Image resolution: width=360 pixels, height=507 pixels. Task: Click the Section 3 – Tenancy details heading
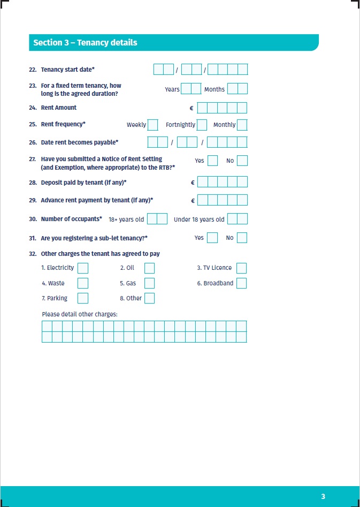pyautogui.click(x=85, y=43)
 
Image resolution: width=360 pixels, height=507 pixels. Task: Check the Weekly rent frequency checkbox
pyautogui.click(x=152, y=125)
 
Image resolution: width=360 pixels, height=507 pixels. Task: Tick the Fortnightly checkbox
pyautogui.click(x=202, y=125)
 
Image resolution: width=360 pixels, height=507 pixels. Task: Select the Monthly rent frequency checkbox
pyautogui.click(x=242, y=125)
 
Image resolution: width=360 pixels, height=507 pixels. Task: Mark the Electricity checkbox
pyautogui.click(x=83, y=268)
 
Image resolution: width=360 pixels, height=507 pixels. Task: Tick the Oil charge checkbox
pyautogui.click(x=149, y=268)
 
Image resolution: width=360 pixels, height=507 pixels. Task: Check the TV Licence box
pyautogui.click(x=241, y=268)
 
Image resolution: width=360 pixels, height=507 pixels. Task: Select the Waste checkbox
pyautogui.click(x=83, y=283)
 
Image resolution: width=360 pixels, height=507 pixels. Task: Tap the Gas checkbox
pyautogui.click(x=149, y=283)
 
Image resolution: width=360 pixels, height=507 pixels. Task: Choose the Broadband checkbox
pyautogui.click(x=241, y=283)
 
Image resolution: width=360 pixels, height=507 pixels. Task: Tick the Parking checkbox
pyautogui.click(x=83, y=298)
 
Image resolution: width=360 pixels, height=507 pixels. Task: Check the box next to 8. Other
pyautogui.click(x=149, y=298)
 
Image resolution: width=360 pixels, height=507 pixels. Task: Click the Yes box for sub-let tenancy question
pyautogui.click(x=212, y=238)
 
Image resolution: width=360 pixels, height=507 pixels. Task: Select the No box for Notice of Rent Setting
pyautogui.click(x=242, y=161)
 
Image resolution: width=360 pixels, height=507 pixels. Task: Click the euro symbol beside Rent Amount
pyautogui.click(x=192, y=108)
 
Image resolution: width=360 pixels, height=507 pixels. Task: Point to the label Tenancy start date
pyautogui.click(x=67, y=70)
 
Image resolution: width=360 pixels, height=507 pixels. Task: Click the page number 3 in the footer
pyautogui.click(x=323, y=496)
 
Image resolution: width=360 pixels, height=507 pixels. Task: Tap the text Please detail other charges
pyautogui.click(x=79, y=314)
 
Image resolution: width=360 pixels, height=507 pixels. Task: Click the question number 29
pyautogui.click(x=33, y=200)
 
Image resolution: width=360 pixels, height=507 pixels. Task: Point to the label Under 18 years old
pyautogui.click(x=199, y=220)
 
